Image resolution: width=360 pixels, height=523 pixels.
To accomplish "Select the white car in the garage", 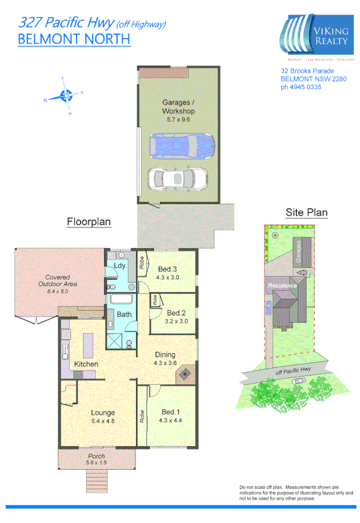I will [178, 179].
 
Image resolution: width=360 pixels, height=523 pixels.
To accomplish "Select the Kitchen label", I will [85, 364].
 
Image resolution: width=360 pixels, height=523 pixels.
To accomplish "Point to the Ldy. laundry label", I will [119, 266].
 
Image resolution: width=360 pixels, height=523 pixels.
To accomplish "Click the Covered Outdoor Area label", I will [61, 280].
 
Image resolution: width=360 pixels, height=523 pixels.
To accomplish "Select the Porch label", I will [97, 456].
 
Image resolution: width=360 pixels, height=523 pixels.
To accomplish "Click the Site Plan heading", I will [307, 212].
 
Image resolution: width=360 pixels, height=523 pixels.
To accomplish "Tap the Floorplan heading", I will [89, 222].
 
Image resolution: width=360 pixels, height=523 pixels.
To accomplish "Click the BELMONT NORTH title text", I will [74, 39].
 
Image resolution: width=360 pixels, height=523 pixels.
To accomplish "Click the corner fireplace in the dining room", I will [185, 375].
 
